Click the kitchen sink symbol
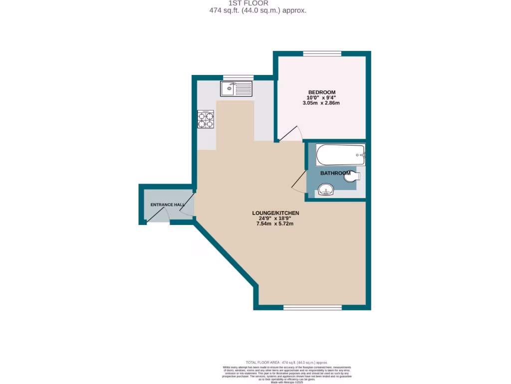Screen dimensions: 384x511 (x=237, y=89)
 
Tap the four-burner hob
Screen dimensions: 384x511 (x=206, y=120)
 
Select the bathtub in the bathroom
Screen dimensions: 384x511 (x=341, y=154)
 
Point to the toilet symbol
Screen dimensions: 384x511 (x=352, y=176)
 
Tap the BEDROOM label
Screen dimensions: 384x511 (x=321, y=92)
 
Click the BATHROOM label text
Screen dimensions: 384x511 (x=335, y=173)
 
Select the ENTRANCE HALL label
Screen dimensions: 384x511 (x=168, y=205)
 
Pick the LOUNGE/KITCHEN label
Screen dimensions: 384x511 (x=275, y=213)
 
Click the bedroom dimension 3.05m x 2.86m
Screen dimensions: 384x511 (x=321, y=103)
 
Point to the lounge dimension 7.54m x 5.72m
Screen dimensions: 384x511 (x=275, y=223)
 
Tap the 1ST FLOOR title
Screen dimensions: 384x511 (x=255, y=3)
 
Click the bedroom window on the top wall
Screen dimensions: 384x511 (x=322, y=53)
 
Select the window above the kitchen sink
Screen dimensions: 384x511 (x=238, y=77)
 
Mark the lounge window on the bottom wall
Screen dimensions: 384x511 (x=312, y=307)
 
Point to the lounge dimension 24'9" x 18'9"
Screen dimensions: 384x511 (x=275, y=218)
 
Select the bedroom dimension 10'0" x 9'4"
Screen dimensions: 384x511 (x=321, y=98)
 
